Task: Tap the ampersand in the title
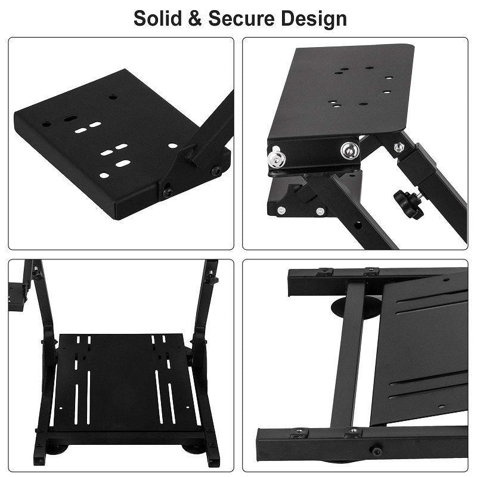(x=198, y=18)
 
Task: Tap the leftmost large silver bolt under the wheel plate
(x=276, y=158)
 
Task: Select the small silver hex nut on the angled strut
(x=399, y=147)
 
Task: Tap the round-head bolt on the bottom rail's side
(x=376, y=451)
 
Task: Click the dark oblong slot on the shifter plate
(x=70, y=118)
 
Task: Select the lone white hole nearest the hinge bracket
(x=172, y=145)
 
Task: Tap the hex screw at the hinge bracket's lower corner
(x=168, y=192)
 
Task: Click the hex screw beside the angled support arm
(x=216, y=171)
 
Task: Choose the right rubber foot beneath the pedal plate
(x=192, y=448)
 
